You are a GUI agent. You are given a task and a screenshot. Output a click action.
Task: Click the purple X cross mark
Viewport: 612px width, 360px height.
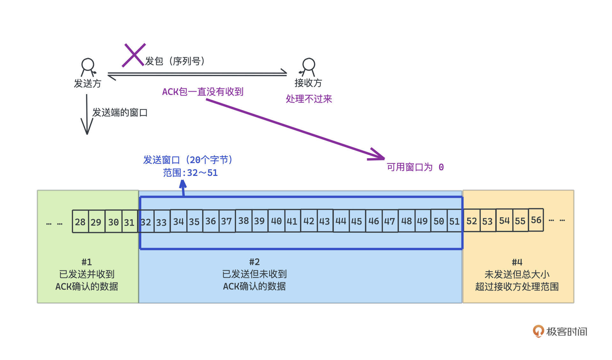coord(134,55)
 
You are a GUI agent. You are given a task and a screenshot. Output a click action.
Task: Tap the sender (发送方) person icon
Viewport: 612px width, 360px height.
coord(88,67)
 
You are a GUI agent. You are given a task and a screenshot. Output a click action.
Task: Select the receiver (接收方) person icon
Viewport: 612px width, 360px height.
coord(308,67)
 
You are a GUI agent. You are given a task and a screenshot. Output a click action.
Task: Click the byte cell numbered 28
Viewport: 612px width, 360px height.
coord(80,222)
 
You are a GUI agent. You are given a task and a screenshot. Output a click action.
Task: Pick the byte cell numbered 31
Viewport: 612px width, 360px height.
coord(129,222)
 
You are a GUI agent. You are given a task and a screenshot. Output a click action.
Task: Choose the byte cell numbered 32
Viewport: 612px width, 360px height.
coord(146,222)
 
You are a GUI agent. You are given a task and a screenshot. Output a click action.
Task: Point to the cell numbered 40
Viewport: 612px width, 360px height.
coord(276,221)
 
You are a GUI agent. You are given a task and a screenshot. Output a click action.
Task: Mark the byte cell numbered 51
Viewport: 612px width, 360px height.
coord(454,221)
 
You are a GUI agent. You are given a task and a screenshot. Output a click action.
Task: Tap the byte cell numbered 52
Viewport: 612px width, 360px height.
coord(471,221)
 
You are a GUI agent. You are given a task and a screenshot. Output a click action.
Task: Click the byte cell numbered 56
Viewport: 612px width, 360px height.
coord(536,220)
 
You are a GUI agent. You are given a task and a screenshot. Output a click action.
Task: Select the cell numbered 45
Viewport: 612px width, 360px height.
coord(357,221)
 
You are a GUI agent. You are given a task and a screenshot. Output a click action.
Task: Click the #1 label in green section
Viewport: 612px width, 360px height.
coord(87,262)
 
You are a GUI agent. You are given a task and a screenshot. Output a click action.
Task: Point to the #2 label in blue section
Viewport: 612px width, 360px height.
coord(254,262)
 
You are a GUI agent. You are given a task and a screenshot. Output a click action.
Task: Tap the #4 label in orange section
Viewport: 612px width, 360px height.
coord(517,262)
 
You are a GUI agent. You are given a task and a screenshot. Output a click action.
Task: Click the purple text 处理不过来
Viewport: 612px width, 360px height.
coord(309,99)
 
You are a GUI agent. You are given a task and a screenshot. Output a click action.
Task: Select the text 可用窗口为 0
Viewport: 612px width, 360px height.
coord(415,167)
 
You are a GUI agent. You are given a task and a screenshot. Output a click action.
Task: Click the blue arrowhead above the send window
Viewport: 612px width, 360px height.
coord(183,184)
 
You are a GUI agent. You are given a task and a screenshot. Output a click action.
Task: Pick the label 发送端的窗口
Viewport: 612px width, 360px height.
coord(120,113)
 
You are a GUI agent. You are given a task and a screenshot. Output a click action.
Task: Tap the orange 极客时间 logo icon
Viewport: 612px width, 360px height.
coord(538,331)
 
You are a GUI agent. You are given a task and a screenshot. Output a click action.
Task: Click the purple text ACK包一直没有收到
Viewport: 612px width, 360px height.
coord(203,92)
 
